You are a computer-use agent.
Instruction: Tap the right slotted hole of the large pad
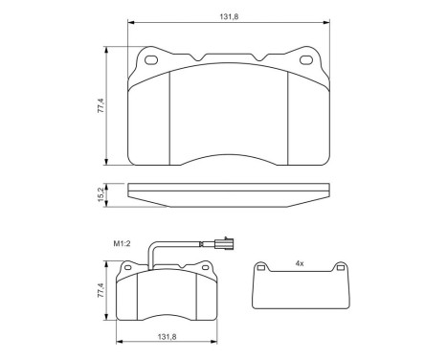click(306, 61)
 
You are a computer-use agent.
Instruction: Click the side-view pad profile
click(229, 193)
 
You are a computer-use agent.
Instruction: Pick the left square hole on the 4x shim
click(271, 273)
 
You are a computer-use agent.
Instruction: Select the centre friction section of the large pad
click(229, 115)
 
